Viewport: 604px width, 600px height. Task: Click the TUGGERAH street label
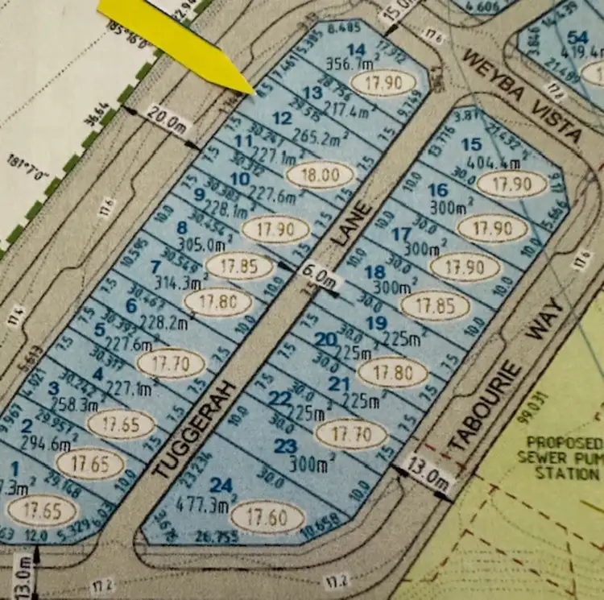pos(193,431)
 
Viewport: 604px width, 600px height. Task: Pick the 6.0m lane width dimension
pos(317,279)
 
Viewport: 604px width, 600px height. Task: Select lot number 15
pos(472,143)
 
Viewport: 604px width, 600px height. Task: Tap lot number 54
pos(577,37)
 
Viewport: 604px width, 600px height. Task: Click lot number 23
pos(286,446)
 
